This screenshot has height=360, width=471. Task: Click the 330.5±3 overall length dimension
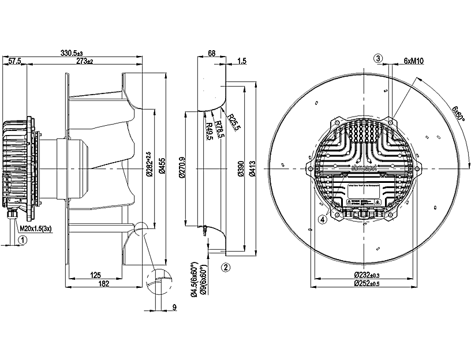[72, 53]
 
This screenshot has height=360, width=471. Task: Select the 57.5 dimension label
[15, 61]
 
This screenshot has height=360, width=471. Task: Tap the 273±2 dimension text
[84, 61]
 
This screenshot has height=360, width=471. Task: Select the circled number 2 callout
[226, 267]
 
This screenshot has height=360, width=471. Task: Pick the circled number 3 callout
[378, 58]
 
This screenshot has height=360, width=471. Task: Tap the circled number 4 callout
[323, 219]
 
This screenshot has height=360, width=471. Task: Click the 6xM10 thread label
[414, 60]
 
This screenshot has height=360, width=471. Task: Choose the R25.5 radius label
[233, 122]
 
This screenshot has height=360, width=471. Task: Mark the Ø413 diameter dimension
[253, 168]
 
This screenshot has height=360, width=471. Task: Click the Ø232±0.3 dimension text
[372, 275]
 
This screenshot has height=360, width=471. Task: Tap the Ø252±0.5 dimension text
[372, 283]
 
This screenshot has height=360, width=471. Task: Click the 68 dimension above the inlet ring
[211, 53]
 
